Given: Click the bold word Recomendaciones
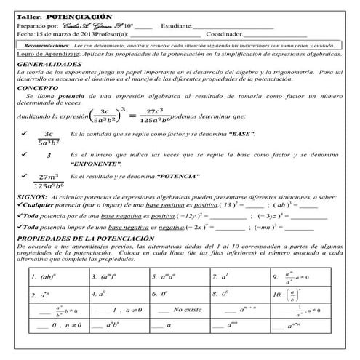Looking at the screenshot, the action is pos(46,44).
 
